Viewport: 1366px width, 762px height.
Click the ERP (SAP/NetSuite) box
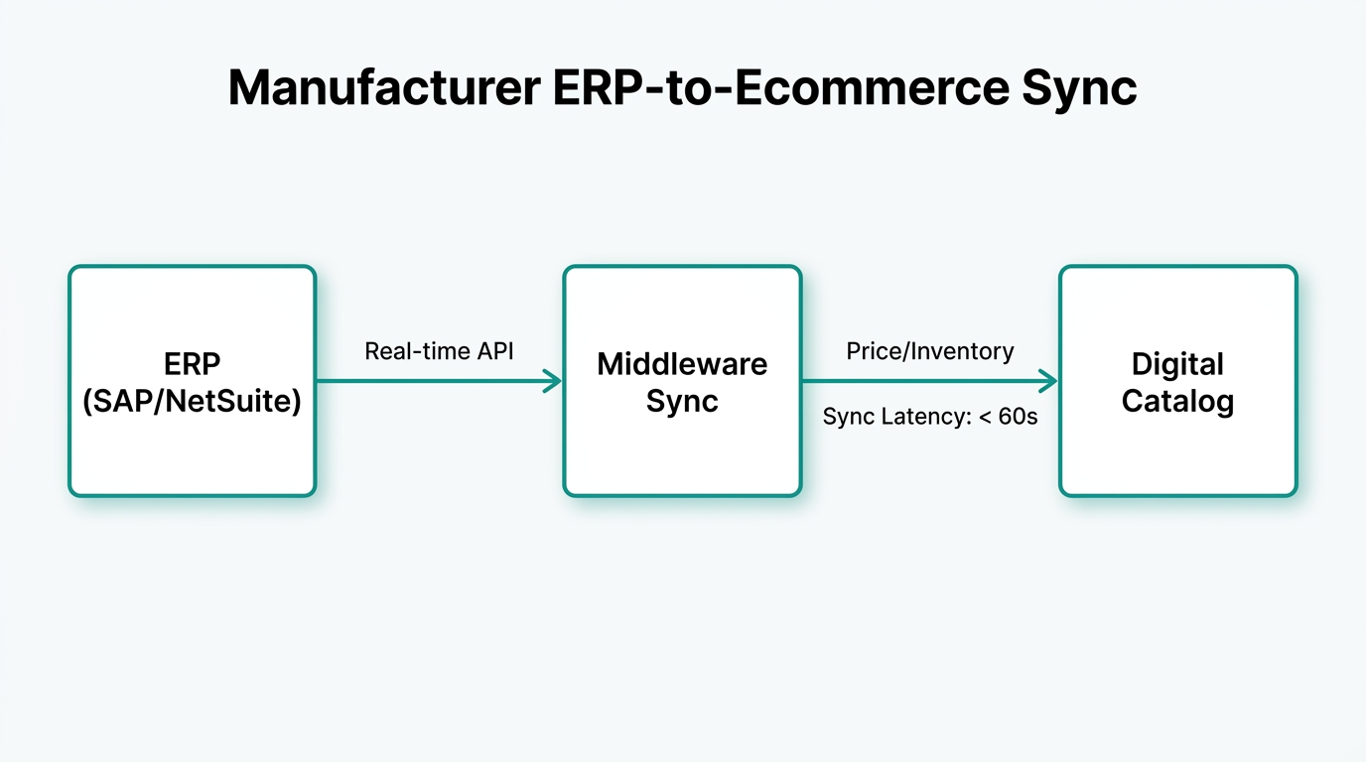click(x=192, y=381)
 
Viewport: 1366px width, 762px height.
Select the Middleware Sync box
click(x=682, y=381)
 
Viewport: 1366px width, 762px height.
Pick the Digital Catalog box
click(x=1177, y=381)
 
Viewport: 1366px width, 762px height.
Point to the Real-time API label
click(x=439, y=351)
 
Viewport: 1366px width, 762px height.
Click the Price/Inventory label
click(x=930, y=351)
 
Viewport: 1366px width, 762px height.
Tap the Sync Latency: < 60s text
click(x=930, y=417)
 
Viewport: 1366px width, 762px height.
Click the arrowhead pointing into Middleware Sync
click(x=553, y=381)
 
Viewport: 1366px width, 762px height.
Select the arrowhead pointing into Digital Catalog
click(x=1048, y=381)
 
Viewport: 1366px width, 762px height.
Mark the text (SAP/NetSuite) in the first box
click(x=192, y=402)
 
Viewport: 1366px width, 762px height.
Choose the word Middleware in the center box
click(x=682, y=364)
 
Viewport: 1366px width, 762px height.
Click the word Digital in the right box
click(x=1177, y=364)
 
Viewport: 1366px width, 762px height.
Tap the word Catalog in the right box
click(x=1177, y=402)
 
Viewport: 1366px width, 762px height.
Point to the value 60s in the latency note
click(x=1018, y=417)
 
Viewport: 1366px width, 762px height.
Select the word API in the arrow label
click(x=493, y=351)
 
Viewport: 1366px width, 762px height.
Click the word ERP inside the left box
click(x=192, y=364)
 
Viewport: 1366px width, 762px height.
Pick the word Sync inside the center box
click(x=682, y=402)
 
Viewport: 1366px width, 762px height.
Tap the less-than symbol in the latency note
click(x=985, y=418)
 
